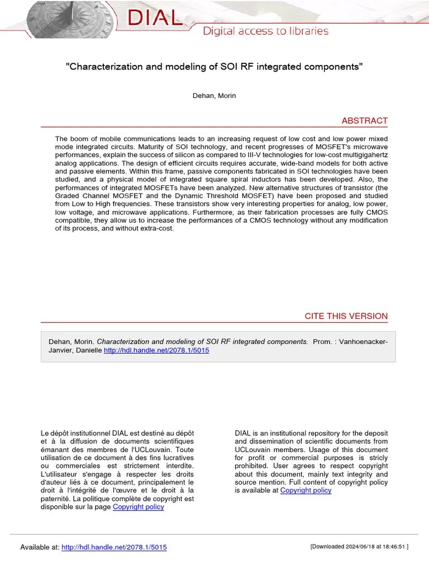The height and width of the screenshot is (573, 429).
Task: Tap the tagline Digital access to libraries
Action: [x=265, y=31]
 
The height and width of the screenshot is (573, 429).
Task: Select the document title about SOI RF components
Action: [x=214, y=67]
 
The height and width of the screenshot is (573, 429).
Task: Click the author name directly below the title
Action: [x=214, y=96]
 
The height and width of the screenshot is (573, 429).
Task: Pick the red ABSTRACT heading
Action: [x=364, y=121]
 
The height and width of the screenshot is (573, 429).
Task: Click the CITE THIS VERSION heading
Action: [x=346, y=316]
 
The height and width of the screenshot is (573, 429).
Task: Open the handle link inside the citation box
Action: [x=156, y=350]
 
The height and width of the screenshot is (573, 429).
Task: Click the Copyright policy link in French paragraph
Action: [x=139, y=507]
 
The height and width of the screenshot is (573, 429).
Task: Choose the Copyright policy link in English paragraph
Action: [x=306, y=490]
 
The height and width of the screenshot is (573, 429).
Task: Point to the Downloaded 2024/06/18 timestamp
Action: [x=359, y=547]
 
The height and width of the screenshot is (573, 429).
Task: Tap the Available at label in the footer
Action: [x=39, y=547]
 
